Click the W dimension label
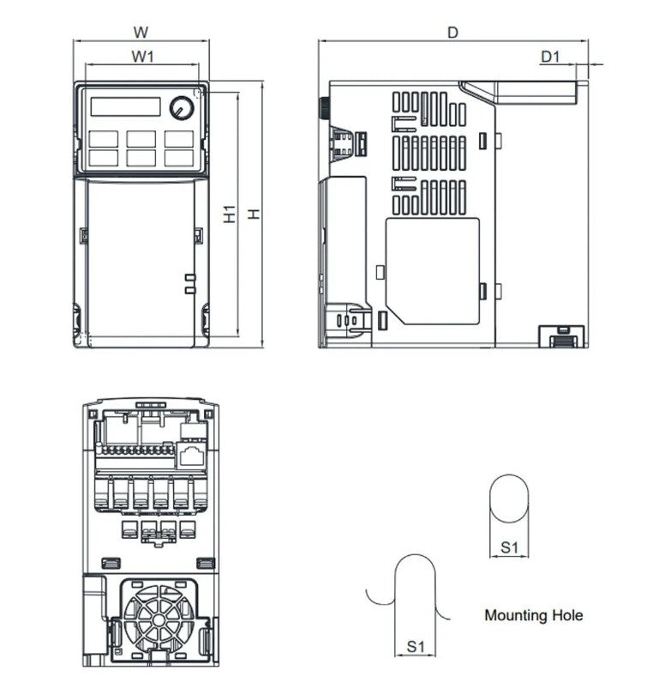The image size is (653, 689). [x=141, y=33]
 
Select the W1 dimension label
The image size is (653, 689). [x=141, y=57]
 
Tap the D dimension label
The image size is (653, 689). [x=453, y=33]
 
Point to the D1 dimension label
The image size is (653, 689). [x=549, y=57]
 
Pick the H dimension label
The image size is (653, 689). [x=254, y=215]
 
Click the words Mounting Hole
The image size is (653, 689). [x=533, y=615]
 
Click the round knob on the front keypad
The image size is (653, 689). [x=182, y=108]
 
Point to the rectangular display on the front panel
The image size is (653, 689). [x=125, y=106]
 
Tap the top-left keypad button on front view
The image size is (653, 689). [x=103, y=138]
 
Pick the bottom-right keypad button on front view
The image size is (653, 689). [x=178, y=157]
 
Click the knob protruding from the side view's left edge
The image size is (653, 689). [x=324, y=109]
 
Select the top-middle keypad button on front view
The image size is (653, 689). [x=141, y=138]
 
